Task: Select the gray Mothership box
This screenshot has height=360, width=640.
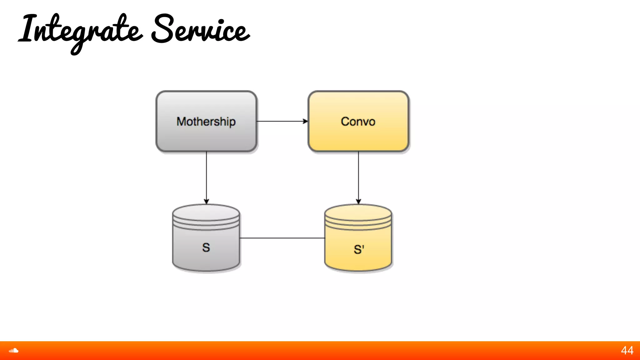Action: click(x=206, y=137)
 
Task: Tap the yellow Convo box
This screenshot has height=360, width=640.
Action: click(x=358, y=137)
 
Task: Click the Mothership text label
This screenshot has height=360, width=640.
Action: click(x=206, y=122)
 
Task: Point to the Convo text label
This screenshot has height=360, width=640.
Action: click(x=358, y=122)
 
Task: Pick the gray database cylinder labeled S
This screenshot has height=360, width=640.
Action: click(x=206, y=256)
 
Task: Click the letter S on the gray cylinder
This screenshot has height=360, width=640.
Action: click(x=206, y=247)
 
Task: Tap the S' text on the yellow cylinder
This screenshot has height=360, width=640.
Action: click(x=359, y=249)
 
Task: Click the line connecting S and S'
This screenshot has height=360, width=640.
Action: click(x=282, y=238)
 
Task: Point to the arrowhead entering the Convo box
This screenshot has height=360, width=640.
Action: click(x=305, y=121)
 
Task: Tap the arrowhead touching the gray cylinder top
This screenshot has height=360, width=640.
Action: click(x=206, y=202)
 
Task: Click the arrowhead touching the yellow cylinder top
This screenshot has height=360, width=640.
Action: click(x=358, y=202)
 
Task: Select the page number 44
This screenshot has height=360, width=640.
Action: click(x=627, y=351)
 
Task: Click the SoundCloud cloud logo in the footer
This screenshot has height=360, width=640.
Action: click(x=14, y=351)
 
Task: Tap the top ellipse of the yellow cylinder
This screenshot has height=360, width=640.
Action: click(x=358, y=212)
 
